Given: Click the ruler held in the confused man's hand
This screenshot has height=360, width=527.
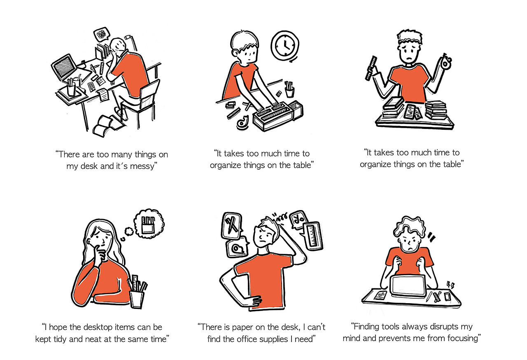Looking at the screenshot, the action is coord(371,68).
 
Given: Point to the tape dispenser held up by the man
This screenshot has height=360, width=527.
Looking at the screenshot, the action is coord(445,62).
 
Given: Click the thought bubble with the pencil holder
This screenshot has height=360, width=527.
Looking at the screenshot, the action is coord(149,224).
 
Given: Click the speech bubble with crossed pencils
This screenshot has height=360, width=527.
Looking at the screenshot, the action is coord(231,226).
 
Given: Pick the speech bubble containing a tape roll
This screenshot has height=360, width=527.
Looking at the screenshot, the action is coord(237,248).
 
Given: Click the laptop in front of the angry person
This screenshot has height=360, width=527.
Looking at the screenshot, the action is coord(408,286).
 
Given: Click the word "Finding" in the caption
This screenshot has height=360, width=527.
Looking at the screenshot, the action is coord(366,327).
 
